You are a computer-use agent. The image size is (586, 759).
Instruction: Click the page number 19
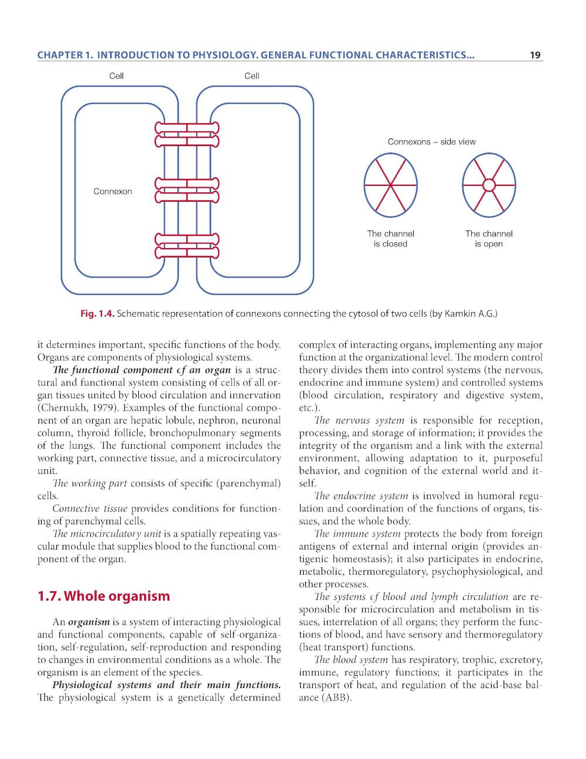(534, 56)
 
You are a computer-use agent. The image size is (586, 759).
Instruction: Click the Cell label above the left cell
(117, 76)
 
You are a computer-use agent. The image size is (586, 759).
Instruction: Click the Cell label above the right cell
(252, 76)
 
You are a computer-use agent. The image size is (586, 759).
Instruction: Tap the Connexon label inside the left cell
(113, 191)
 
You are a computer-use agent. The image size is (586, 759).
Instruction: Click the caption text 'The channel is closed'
(390, 239)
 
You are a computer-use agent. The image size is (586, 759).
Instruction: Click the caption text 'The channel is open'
(489, 239)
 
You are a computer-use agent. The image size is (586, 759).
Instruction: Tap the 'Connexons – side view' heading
(431, 141)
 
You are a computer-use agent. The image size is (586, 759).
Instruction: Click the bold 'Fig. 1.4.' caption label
(97, 314)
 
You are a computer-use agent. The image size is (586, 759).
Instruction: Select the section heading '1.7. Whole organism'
(103, 596)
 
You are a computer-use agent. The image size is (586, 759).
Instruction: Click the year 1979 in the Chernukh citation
(103, 408)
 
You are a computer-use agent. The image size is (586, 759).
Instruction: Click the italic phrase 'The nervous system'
(359, 421)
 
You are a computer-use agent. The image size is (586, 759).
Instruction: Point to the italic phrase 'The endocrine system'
(361, 496)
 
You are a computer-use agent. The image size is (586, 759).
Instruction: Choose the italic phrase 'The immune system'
(357, 534)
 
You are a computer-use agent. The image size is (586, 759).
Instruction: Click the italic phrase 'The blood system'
(351, 660)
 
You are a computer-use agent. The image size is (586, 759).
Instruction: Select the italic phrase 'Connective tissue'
(90, 509)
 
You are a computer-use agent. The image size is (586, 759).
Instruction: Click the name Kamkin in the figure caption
(460, 314)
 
